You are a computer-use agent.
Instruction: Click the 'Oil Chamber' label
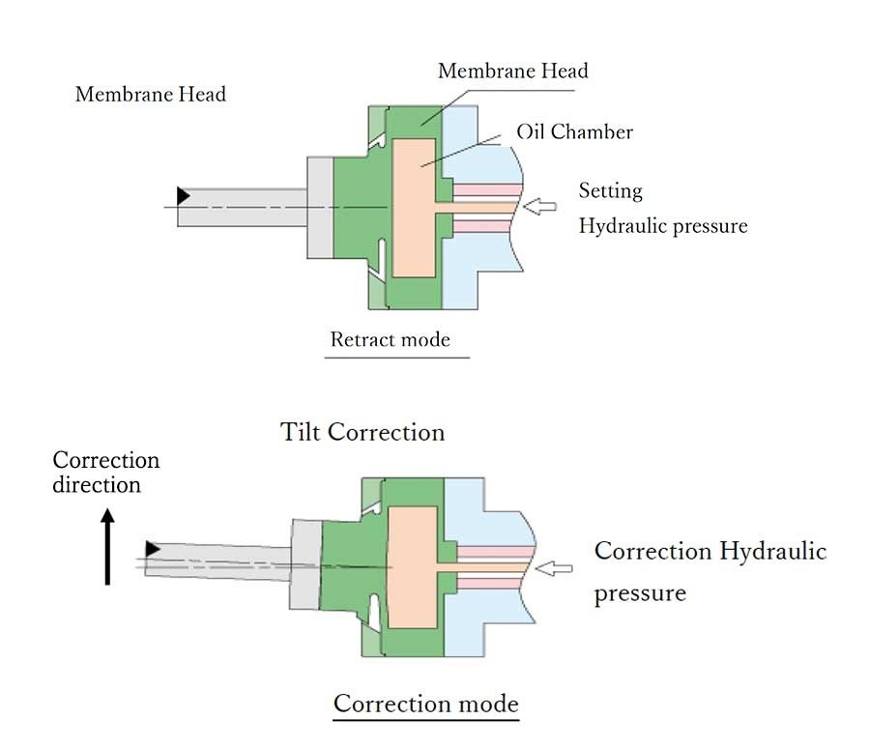coord(574,130)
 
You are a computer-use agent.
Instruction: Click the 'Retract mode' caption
coord(390,339)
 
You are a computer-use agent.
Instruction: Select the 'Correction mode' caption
coord(425,703)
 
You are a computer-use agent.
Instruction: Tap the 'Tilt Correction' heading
coord(362,431)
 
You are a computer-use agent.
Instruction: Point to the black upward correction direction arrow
coord(107,549)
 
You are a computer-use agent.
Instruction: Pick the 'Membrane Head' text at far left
coord(150,95)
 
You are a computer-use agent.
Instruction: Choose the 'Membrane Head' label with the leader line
coord(512,71)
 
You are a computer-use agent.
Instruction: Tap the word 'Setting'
coord(610,190)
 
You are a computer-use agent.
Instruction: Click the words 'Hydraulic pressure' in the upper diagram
coord(662,226)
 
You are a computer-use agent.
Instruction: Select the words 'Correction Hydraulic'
coord(710,551)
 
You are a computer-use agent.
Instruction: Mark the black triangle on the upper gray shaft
coord(184,196)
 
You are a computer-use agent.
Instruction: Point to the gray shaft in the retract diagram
coord(242,207)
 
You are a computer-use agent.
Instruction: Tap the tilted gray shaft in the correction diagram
coord(217,560)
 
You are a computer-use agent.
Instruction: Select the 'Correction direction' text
coord(105,472)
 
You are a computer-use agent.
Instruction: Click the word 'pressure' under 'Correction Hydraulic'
coord(639,591)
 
